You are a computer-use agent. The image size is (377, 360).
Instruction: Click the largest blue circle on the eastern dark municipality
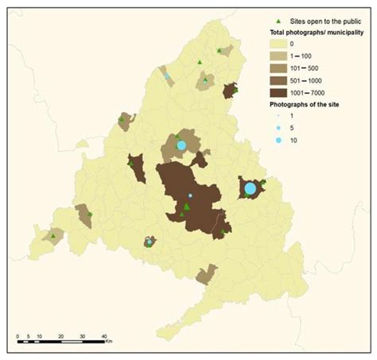250,188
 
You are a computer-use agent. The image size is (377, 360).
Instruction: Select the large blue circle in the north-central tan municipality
181,145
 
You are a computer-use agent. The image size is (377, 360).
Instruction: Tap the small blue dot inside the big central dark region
189,195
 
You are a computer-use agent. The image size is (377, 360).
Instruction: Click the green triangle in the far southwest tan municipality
53,236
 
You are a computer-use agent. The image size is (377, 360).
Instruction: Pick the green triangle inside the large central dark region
186,207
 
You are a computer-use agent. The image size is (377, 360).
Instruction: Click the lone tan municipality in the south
207,275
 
